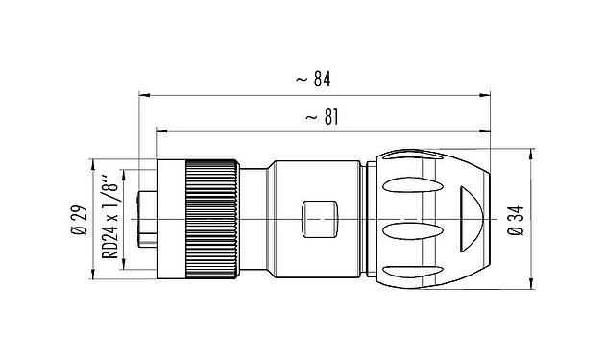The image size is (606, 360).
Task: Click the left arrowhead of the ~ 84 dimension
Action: [145, 95]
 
